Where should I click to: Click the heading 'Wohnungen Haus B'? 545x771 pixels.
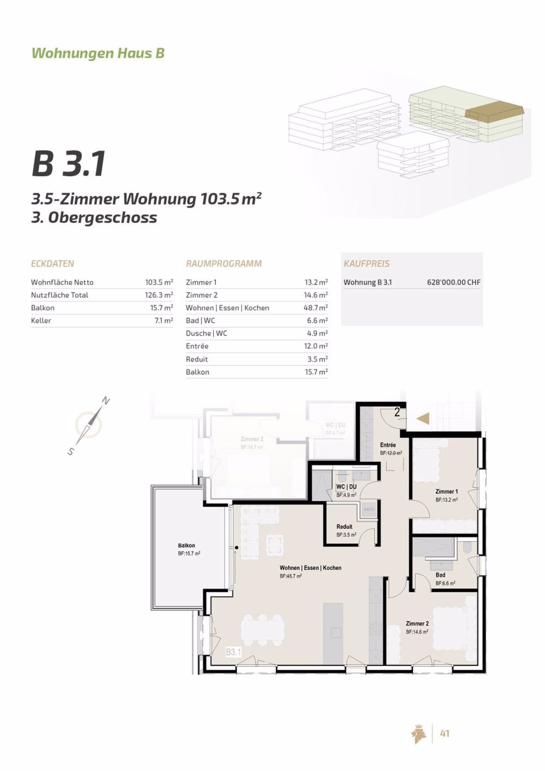pos(98,53)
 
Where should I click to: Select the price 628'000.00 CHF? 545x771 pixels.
pos(453,282)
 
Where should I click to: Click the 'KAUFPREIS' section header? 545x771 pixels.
pos(366,264)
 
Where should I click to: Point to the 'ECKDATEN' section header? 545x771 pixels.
pos(52,264)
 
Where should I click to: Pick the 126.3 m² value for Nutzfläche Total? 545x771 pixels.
pos(159,295)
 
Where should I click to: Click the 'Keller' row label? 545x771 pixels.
pos(41,321)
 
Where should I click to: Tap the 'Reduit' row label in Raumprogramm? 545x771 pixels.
pos(197,359)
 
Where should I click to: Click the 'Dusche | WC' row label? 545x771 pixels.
pos(206,334)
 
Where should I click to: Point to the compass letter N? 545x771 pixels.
pos(106,402)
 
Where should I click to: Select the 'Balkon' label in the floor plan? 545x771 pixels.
pos(186,546)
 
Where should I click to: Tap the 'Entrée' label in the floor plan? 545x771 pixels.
pos(388,445)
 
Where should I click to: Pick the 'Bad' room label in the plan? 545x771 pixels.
pos(440,575)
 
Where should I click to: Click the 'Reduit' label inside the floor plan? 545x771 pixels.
pos(344,527)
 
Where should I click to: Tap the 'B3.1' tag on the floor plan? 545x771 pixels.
pos(233,652)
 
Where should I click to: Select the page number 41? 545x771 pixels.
pos(444,734)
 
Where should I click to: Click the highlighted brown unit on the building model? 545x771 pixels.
pos(493,112)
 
